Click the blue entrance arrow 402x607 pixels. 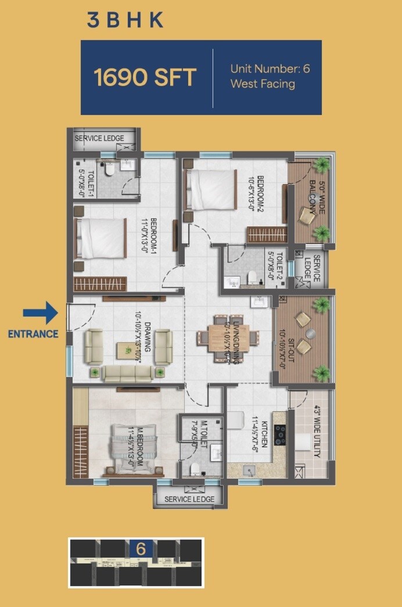(40, 313)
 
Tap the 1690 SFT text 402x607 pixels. (145, 77)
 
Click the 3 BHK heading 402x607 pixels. (125, 20)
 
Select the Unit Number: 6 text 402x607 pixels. (270, 69)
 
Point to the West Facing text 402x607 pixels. (263, 84)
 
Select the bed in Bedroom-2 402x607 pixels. (210, 189)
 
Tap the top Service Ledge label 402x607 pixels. (99, 138)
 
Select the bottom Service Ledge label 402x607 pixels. (189, 499)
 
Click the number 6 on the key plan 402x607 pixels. (141, 548)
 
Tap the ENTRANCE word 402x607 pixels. (33, 334)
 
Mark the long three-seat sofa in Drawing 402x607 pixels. (127, 373)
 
